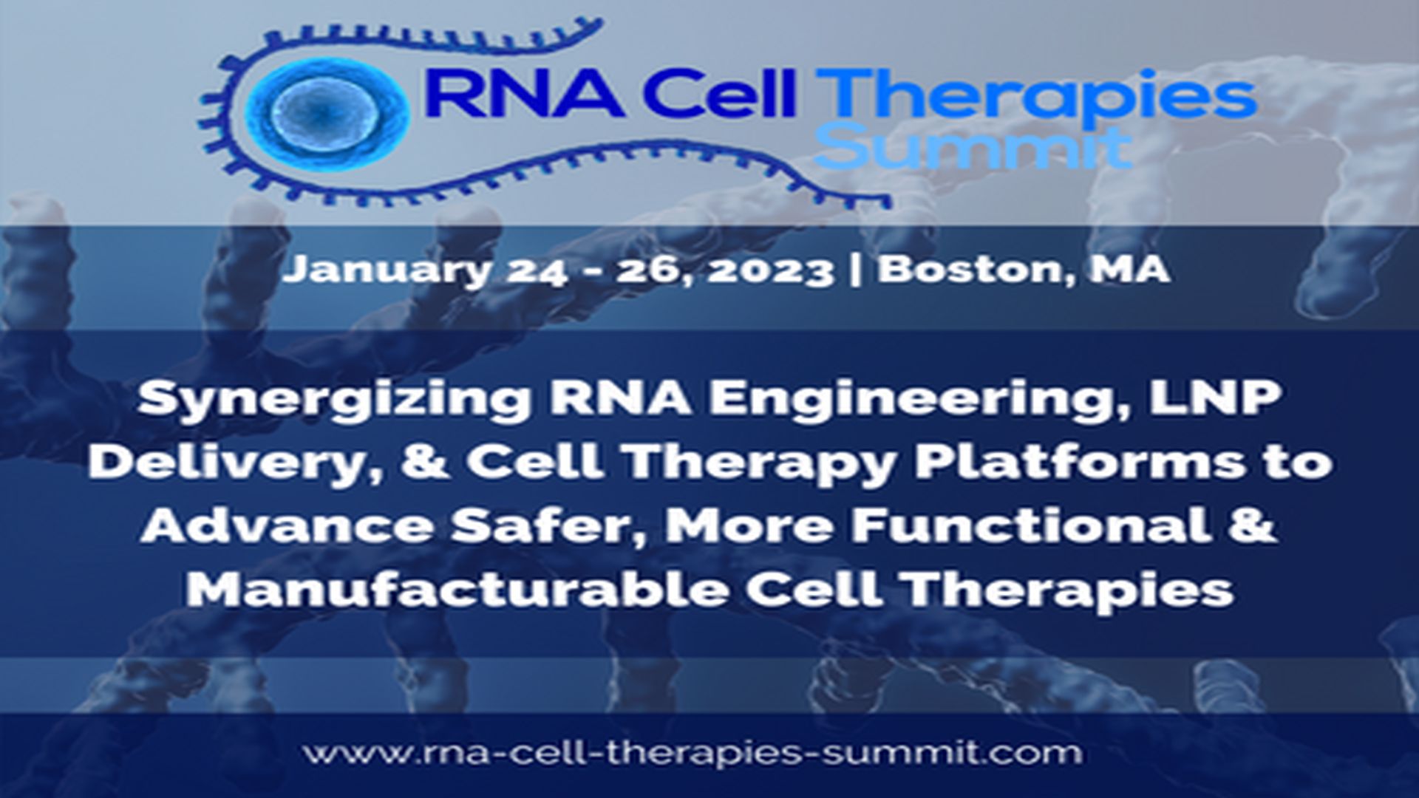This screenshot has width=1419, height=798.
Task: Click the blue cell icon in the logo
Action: coord(325,113)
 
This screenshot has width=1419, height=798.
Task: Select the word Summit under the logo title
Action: coord(972,148)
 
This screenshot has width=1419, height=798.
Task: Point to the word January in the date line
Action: coord(385,270)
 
